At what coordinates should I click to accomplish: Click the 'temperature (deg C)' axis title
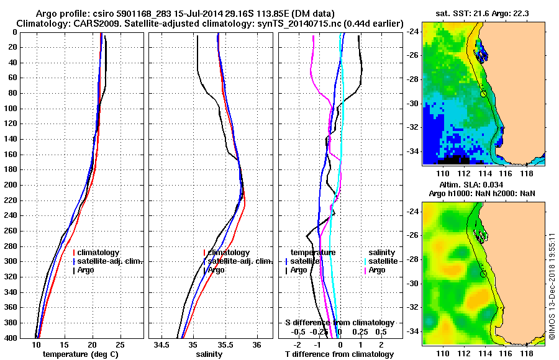[81, 354]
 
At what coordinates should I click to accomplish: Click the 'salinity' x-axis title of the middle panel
[210, 354]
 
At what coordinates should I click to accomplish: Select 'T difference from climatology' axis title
[339, 354]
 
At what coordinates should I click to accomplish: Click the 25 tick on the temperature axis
[120, 344]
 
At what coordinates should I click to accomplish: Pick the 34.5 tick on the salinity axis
[163, 344]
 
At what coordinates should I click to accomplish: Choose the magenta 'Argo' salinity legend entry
[376, 270]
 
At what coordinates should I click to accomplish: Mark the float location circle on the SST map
[483, 94]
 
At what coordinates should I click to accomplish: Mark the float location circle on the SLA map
[483, 274]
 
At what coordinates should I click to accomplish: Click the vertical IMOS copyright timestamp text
[552, 286]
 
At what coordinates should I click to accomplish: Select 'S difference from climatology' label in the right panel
[339, 323]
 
